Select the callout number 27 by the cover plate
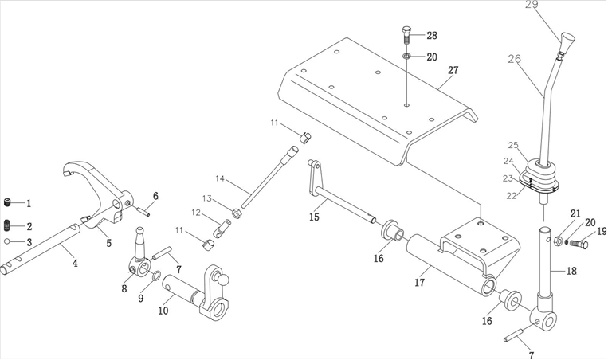[x=453, y=71]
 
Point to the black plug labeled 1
[x=8, y=202]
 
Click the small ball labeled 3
[x=7, y=241]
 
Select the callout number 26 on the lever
[x=515, y=59]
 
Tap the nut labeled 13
[x=237, y=213]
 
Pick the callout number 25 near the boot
[x=513, y=146]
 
